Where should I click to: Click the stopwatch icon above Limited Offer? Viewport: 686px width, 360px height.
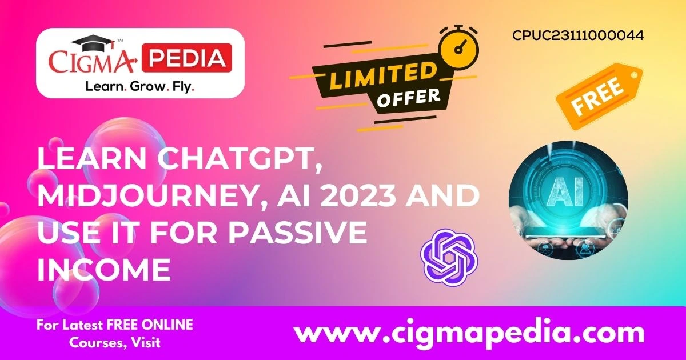point(458,47)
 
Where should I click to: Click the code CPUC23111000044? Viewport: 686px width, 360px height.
point(578,35)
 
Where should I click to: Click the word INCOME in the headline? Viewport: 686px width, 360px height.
point(105,269)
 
